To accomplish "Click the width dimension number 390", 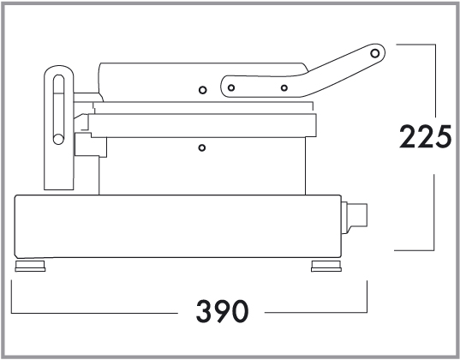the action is click(222, 311).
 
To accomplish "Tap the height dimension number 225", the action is click(425, 136).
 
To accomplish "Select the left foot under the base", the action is click(30, 266).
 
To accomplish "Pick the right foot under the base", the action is click(326, 266).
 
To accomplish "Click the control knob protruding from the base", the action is click(354, 218).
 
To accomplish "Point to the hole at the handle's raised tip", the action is click(374, 53).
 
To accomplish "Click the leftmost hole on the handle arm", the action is click(231, 87).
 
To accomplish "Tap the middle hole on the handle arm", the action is click(284, 87).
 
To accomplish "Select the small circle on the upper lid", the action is click(202, 90).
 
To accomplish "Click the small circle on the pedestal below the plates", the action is click(202, 147).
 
